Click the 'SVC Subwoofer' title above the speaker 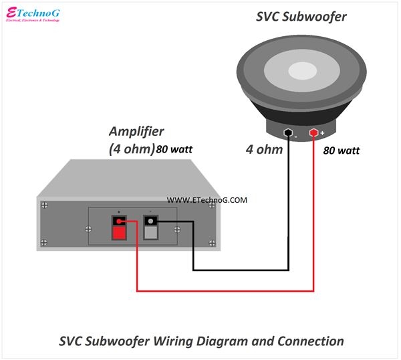301,17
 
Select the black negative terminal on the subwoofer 289,132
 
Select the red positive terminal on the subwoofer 313,132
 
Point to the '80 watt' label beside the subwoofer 341,151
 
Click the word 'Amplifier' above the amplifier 136,131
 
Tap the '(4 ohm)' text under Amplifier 132,149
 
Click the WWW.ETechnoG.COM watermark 207,200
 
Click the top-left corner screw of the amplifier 44,205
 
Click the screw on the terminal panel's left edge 90,229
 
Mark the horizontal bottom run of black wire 241,270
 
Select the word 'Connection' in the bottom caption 310,341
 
